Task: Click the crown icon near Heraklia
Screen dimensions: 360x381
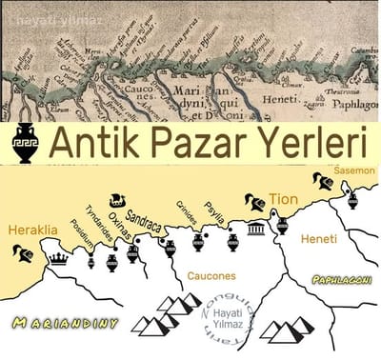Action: (x=58, y=257)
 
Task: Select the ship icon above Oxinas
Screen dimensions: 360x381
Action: (x=117, y=200)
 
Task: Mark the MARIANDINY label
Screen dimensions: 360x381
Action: (x=66, y=323)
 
